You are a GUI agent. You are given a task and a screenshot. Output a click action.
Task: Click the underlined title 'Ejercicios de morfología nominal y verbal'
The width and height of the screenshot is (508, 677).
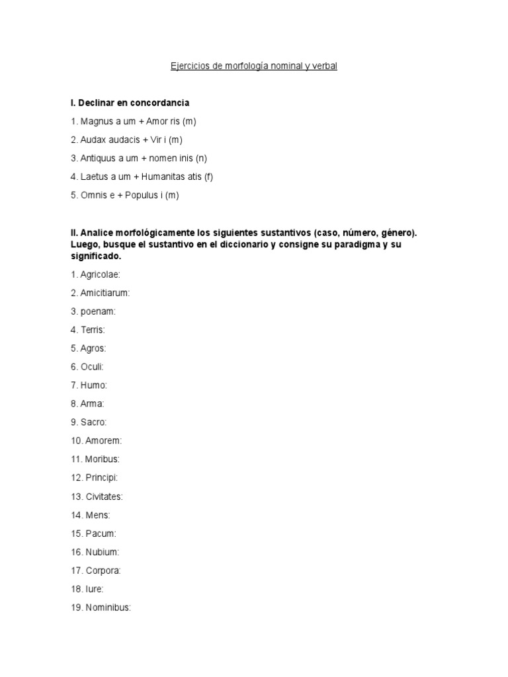[x=254, y=67]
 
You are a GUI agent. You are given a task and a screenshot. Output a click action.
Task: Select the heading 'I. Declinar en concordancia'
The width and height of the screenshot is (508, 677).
[x=130, y=103]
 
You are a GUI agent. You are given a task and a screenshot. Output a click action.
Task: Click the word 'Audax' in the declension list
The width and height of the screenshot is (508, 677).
[x=93, y=140]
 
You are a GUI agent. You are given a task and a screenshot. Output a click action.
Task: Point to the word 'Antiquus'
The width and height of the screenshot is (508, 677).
[x=97, y=158]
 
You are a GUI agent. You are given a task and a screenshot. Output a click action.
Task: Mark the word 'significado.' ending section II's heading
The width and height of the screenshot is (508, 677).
[x=96, y=256]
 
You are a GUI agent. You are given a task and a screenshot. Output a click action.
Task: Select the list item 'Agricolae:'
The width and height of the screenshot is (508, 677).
[x=100, y=274]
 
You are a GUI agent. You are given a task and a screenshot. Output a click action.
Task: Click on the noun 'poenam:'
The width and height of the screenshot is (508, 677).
[x=98, y=311]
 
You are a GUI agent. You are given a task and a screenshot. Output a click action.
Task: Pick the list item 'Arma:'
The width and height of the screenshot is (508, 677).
[x=92, y=403]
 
